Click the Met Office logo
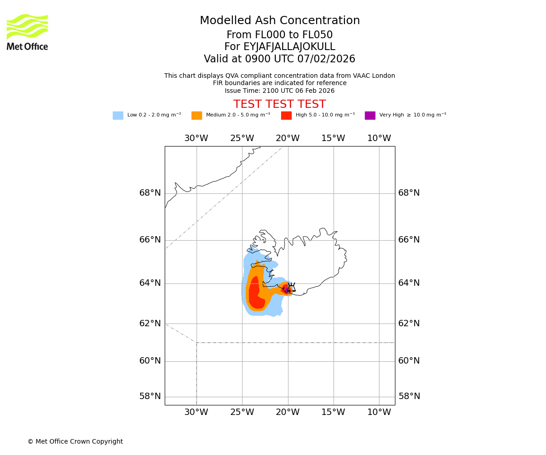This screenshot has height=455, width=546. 27,32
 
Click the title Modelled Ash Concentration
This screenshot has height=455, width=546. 279,21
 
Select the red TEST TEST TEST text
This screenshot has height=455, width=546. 279,104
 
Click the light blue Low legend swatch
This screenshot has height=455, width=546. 118,116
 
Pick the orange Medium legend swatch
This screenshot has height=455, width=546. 197,116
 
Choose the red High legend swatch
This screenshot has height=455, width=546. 286,116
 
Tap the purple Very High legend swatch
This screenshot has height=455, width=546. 370,116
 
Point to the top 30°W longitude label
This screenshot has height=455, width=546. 196,138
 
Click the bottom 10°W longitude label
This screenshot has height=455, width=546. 379,412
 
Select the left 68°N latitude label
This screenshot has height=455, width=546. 150,193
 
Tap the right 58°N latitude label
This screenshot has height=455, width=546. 409,396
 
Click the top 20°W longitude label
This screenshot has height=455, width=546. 288,138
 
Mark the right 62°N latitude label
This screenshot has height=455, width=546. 409,324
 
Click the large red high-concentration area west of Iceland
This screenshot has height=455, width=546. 255,293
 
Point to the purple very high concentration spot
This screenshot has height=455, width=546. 287,289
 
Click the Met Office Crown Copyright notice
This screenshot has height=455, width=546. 75,442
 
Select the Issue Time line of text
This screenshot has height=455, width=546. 279,91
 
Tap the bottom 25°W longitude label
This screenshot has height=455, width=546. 242,412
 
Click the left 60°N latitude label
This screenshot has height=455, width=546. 150,361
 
